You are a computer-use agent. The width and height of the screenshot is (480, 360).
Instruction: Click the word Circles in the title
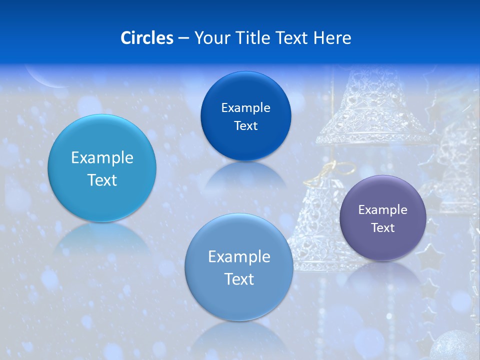[x=147, y=38]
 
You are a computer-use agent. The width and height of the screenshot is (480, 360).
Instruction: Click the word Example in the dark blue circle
[x=245, y=107]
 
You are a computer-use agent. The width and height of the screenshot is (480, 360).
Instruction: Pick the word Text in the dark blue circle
[x=245, y=125]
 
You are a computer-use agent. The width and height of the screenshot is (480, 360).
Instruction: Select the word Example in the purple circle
[x=382, y=209]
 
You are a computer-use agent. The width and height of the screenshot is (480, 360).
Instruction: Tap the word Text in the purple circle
[x=382, y=227]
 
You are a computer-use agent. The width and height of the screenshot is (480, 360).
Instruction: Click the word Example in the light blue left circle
[x=102, y=157]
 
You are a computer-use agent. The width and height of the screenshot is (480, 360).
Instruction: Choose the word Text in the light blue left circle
[x=102, y=180]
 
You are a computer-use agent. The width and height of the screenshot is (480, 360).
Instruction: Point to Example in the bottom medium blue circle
[x=239, y=256]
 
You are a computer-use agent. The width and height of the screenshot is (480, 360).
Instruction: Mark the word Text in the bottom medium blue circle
[x=239, y=279]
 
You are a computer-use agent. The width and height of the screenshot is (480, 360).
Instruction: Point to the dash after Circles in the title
[x=183, y=38]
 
